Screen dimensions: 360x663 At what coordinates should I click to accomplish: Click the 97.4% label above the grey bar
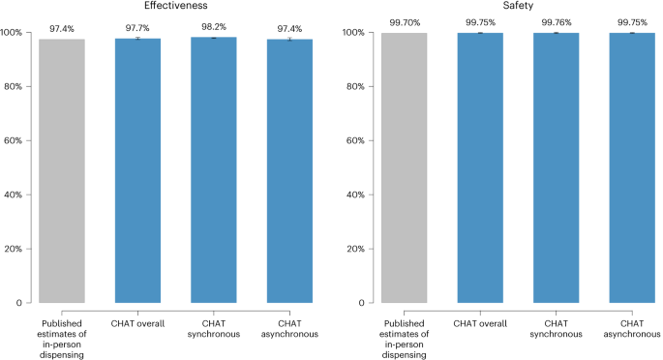62,28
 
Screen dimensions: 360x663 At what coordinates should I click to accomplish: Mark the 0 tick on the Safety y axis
364,303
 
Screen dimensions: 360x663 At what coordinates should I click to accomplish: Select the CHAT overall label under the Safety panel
481,321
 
